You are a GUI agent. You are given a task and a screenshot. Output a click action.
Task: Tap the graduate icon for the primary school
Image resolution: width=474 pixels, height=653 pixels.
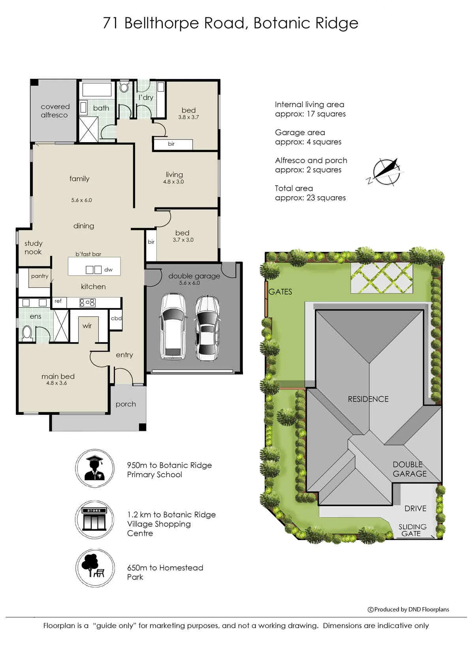95,468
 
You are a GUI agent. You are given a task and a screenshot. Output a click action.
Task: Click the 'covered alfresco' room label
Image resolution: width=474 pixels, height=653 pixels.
55,111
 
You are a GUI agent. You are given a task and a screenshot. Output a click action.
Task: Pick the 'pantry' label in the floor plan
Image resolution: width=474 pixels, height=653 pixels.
39,276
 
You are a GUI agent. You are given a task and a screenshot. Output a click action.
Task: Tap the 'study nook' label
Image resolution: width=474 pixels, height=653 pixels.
33,248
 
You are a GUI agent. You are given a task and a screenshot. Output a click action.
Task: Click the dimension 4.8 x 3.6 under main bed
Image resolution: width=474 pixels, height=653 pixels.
56,383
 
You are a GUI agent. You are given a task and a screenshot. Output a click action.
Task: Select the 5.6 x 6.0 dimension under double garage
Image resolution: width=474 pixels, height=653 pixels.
190,283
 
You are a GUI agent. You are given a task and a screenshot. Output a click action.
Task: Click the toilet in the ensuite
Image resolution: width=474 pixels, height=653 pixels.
27,333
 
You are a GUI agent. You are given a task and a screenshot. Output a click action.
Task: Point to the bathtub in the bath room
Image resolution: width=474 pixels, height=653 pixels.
97,90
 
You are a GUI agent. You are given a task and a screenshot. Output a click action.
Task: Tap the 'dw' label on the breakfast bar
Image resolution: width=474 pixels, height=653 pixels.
108,270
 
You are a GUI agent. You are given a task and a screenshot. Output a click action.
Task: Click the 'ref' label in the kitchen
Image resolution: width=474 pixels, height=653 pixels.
58,301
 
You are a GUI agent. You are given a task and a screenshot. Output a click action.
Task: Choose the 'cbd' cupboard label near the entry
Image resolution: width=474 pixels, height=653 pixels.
116,318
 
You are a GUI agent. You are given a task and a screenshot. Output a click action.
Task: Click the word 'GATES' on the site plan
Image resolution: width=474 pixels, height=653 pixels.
280,292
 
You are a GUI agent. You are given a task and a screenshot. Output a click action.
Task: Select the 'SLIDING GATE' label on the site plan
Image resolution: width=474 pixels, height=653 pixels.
412,530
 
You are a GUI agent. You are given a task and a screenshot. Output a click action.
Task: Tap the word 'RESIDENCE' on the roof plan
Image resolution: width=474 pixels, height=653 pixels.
368,399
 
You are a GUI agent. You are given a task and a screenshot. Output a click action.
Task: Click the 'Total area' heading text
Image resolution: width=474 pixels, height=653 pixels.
294,188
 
